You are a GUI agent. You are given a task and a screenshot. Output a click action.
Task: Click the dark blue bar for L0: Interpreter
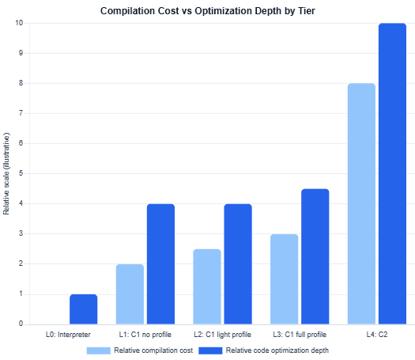click(83, 309)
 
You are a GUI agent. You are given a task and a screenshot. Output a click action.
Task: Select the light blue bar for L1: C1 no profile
click(130, 294)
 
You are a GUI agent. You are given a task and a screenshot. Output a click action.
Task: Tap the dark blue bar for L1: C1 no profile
click(161, 264)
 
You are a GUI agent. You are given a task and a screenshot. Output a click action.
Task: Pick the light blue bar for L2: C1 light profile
click(207, 286)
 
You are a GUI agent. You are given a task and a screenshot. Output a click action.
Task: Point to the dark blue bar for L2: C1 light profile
click(238, 264)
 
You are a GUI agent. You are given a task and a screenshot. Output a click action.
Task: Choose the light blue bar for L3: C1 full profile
click(285, 279)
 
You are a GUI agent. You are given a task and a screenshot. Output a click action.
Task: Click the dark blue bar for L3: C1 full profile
click(315, 256)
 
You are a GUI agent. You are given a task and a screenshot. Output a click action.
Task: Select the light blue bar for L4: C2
click(361, 203)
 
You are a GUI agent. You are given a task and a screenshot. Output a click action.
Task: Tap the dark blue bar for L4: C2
click(393, 174)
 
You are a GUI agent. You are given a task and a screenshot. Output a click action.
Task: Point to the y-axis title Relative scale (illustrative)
click(6, 173)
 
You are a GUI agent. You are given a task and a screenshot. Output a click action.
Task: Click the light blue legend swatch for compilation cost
click(99, 351)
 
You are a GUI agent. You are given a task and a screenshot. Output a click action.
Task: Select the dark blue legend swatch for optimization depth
click(210, 351)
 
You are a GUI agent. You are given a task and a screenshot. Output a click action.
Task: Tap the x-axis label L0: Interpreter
click(68, 335)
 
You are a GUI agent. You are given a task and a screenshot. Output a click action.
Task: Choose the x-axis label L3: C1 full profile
click(300, 335)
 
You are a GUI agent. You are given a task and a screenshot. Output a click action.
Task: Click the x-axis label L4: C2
click(377, 335)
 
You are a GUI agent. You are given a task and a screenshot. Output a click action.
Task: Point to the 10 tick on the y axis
click(19, 23)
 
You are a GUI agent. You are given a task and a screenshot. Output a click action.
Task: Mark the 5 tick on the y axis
click(21, 173)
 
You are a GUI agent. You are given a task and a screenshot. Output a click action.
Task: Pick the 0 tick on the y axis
click(21, 324)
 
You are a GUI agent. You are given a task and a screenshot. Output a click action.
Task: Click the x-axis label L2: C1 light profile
click(222, 335)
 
